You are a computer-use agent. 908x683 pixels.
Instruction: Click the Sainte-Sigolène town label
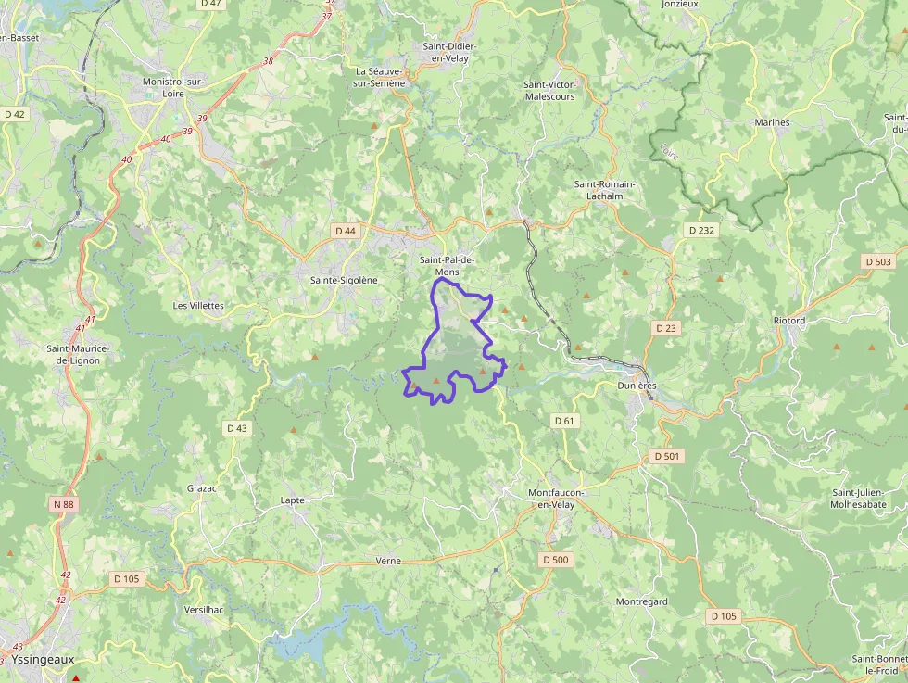click(x=344, y=280)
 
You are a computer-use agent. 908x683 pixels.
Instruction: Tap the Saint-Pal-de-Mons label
click(x=448, y=266)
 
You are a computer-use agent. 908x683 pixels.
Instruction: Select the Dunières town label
click(x=637, y=386)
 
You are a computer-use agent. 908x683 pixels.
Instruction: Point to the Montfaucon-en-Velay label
click(x=551, y=499)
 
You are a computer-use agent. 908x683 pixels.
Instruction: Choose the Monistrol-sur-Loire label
click(x=173, y=87)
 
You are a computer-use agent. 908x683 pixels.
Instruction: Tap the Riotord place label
click(x=789, y=321)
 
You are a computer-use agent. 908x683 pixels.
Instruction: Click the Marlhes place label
click(x=772, y=122)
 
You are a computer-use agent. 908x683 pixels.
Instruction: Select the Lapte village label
click(x=292, y=500)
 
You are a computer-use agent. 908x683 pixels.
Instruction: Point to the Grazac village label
click(x=202, y=487)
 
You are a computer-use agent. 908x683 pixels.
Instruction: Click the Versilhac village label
click(x=204, y=609)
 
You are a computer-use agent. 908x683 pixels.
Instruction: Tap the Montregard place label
click(x=642, y=601)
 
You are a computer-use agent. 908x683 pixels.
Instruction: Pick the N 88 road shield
click(x=63, y=504)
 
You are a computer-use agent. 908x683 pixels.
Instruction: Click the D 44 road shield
click(x=346, y=230)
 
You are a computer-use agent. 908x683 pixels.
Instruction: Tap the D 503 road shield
click(x=877, y=261)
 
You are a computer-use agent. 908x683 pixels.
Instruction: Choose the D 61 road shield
click(x=564, y=421)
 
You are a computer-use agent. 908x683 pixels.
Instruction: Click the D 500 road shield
click(x=556, y=560)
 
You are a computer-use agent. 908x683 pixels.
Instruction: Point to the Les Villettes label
click(x=198, y=305)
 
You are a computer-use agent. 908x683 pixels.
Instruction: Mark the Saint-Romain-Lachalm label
click(x=604, y=190)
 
